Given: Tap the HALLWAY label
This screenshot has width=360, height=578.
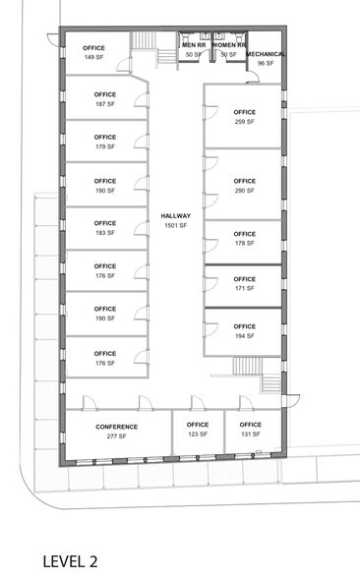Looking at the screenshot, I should tap(176, 215).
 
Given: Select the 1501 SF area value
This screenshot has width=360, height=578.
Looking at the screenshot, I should tap(176, 226).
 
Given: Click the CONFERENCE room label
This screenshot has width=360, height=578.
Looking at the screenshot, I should tap(116, 427).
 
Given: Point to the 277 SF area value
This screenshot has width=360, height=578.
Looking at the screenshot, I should tap(116, 435).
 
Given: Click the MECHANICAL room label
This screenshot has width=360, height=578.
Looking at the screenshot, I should tap(266, 54).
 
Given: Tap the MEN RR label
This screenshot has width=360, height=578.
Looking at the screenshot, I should tap(194, 45).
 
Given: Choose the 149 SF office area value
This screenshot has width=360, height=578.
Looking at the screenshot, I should tap(94, 58).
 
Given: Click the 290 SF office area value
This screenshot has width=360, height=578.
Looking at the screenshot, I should tap(244, 191).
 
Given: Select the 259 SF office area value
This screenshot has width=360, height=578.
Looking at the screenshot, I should tap(244, 122).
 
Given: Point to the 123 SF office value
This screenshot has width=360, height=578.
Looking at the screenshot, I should tap(198, 434).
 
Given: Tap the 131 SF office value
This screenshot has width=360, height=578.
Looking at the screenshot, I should tap(250, 434).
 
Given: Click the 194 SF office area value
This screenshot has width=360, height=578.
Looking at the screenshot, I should tap(244, 336).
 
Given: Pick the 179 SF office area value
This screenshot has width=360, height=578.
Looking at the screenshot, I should tap(105, 147).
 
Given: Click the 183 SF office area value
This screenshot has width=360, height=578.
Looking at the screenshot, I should tap(105, 233).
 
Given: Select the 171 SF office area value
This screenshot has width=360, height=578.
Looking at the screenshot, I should tap(244, 288).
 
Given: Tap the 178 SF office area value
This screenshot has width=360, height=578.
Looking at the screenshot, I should tap(244, 244).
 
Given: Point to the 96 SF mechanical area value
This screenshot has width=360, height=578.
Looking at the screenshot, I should tap(266, 63).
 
